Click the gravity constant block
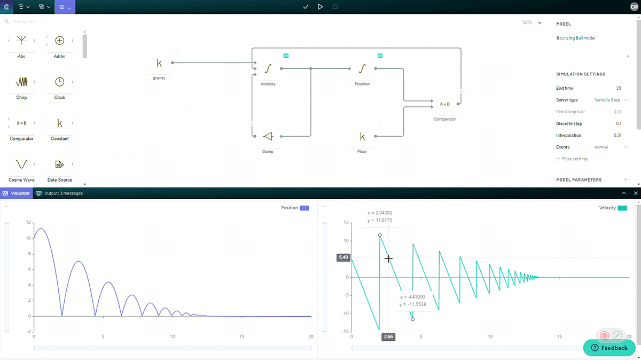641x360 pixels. [x=159, y=63]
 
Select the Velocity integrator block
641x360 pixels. [x=268, y=69]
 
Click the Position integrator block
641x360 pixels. [x=362, y=69]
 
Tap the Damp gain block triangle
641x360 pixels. [x=268, y=136]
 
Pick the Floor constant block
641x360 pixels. [x=362, y=136]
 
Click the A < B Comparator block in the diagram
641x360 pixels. [x=444, y=104]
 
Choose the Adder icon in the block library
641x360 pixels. [x=60, y=41]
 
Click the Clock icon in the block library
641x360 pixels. [x=60, y=82]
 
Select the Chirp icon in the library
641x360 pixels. [x=21, y=82]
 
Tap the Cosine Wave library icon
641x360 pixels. [x=21, y=164]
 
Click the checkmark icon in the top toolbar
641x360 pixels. [x=306, y=7]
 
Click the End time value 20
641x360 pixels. [x=619, y=88]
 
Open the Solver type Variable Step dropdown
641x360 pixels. [x=611, y=100]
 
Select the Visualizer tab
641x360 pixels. [x=17, y=193]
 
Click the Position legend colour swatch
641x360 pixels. [x=304, y=208]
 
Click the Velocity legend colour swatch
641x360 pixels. [x=622, y=208]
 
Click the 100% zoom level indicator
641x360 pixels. [x=527, y=22]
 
